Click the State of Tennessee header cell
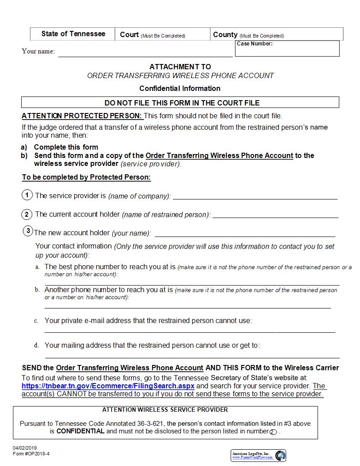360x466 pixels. pyautogui.click(x=73, y=34)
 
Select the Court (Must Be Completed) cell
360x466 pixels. pyautogui.click(x=162, y=34)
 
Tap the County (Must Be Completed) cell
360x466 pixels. pyautogui.click(x=276, y=34)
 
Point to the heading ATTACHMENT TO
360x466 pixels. pyautogui.click(x=180, y=67)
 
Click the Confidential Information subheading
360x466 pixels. pyautogui.click(x=180, y=88)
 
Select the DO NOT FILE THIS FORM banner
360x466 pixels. pyautogui.click(x=180, y=103)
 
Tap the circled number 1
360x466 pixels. pyautogui.click(x=27, y=195)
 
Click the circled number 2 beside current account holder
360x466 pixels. pyautogui.click(x=27, y=214)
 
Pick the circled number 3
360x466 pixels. pyautogui.click(x=28, y=231)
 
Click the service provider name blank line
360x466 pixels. pyautogui.click(x=255, y=196)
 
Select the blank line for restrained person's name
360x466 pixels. pyautogui.click(x=275, y=215)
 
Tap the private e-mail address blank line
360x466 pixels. pyautogui.click(x=190, y=330)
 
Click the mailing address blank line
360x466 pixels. pyautogui.click(x=192, y=355)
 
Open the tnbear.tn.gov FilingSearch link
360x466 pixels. pyautogui.click(x=108, y=386)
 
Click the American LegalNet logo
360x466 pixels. pyautogui.click(x=259, y=455)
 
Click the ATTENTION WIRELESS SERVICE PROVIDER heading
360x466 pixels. pyautogui.click(x=165, y=410)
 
